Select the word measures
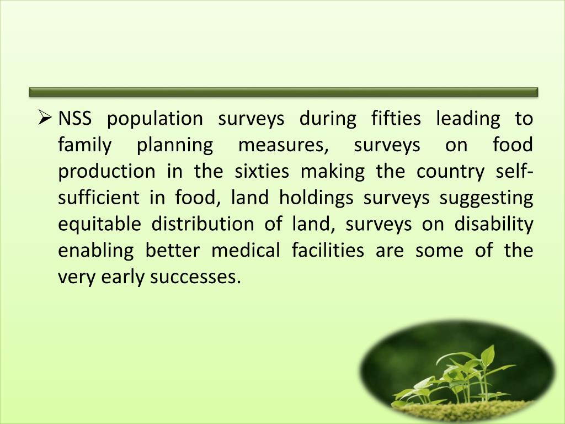point(282,146)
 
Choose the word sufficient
point(98,198)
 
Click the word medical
point(246,251)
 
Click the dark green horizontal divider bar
point(283,92)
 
